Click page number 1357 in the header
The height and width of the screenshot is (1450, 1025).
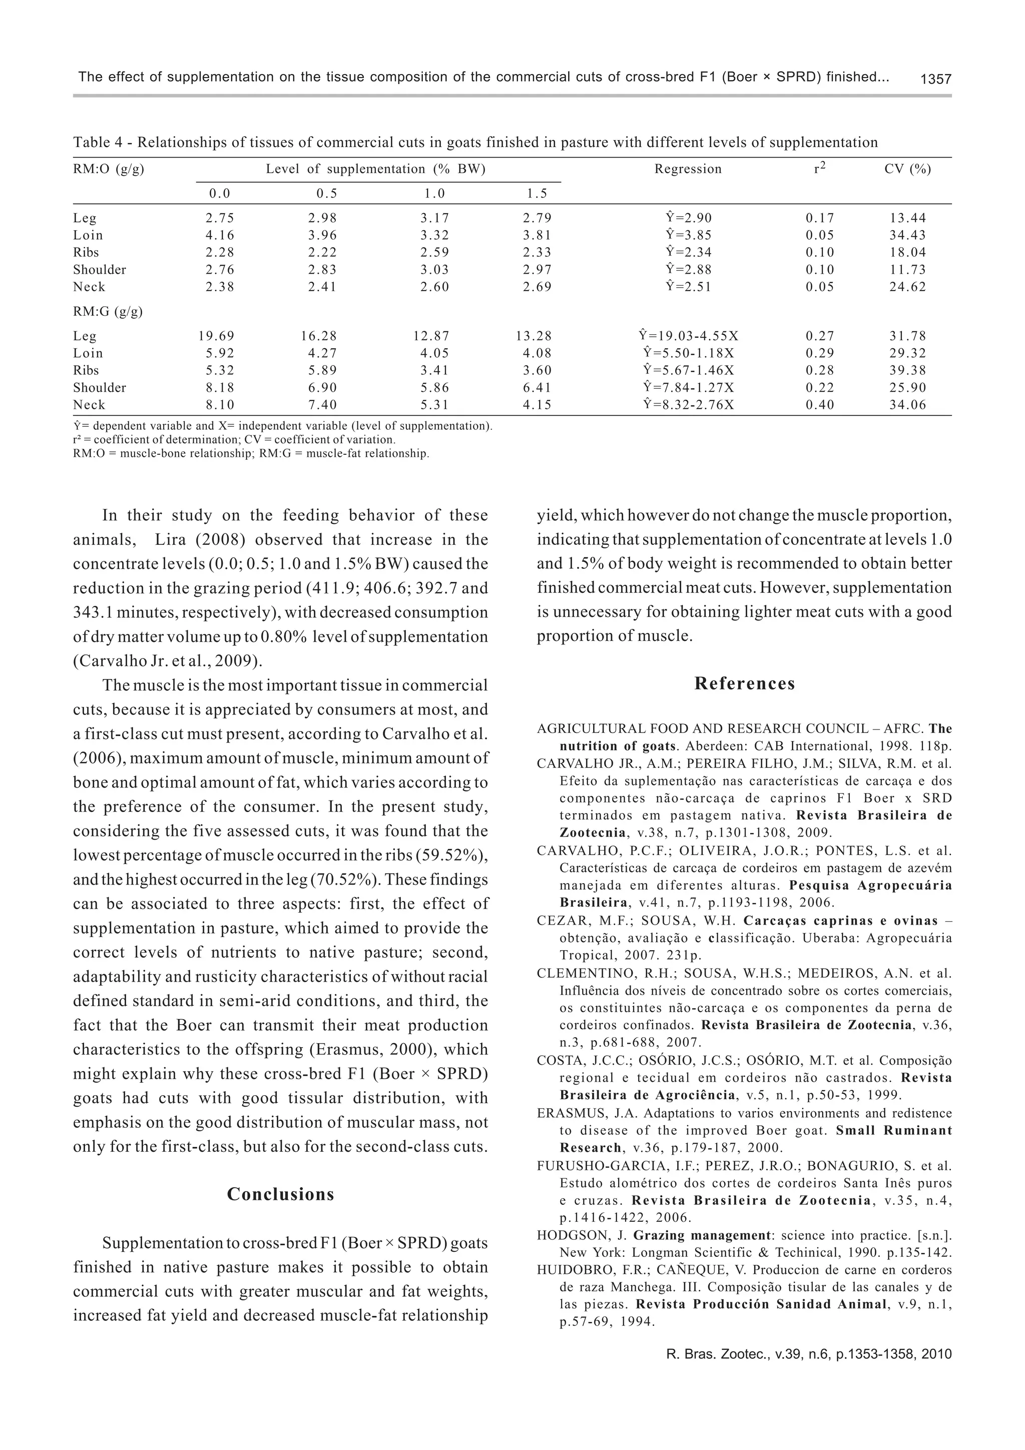[935, 79]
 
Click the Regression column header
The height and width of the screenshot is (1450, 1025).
[688, 169]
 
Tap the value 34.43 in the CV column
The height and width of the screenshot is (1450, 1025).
[907, 236]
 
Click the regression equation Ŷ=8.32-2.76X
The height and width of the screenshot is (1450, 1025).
[688, 405]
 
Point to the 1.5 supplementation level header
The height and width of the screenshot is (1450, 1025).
[537, 194]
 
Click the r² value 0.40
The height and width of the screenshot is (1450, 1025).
[819, 405]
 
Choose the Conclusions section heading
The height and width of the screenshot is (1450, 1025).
[280, 1194]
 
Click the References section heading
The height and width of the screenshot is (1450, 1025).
[745, 684]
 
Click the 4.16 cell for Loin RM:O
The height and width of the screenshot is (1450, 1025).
[220, 236]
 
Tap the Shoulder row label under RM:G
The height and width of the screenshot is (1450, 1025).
[100, 388]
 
